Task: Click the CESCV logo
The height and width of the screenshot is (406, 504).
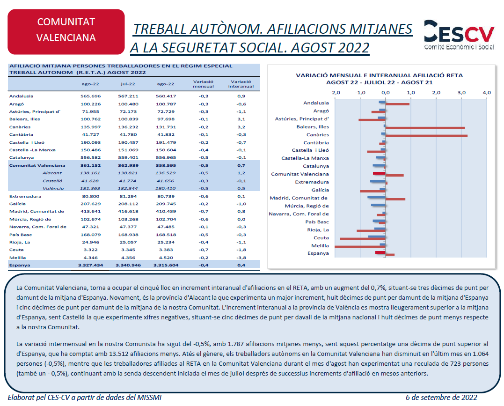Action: pyautogui.click(x=459, y=35)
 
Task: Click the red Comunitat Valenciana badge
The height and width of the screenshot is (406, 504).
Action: pyautogui.click(x=66, y=31)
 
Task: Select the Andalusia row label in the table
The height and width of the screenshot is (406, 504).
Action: pyautogui.click(x=21, y=96)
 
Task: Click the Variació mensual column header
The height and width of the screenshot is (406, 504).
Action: pyautogui.click(x=203, y=84)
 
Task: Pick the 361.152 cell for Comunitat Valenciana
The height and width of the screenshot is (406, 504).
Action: pyautogui.click(x=91, y=165)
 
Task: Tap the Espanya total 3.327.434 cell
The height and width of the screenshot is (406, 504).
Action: pyautogui.click(x=91, y=265)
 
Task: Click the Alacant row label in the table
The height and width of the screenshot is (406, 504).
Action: pyautogui.click(x=52, y=173)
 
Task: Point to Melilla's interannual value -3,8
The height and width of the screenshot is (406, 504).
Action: pyautogui.click(x=241, y=258)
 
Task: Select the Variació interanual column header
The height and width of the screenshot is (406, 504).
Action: pyautogui.click(x=241, y=84)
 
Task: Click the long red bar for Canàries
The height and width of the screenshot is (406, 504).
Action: pyautogui.click(x=426, y=136)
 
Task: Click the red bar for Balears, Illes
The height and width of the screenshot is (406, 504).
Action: pyautogui.click(x=425, y=128)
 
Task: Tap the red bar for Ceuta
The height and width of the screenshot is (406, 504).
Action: pyautogui.click(x=363, y=239)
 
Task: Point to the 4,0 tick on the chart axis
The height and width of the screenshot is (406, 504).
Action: pyautogui.click(x=487, y=93)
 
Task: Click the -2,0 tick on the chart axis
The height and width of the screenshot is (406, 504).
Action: pyautogui.click(x=335, y=93)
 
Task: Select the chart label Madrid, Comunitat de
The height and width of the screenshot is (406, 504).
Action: pyautogui.click(x=299, y=198)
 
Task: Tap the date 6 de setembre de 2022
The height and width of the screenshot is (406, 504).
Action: pyautogui.click(x=441, y=397)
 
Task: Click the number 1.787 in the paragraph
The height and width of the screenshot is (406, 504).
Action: pyautogui.click(x=235, y=344)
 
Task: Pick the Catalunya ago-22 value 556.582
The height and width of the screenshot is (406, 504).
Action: pyautogui.click(x=91, y=158)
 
